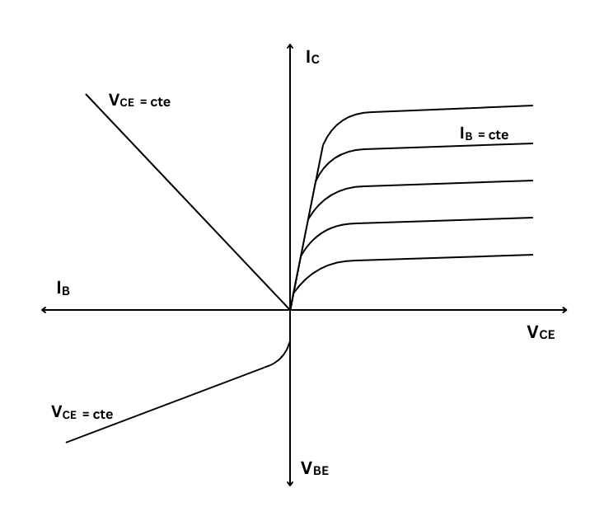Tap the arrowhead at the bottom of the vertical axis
290,482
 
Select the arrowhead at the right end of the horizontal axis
565,310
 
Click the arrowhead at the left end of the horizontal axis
44,310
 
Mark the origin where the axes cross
290,310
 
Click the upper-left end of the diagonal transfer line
86,94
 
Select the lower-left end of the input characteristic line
66,443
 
